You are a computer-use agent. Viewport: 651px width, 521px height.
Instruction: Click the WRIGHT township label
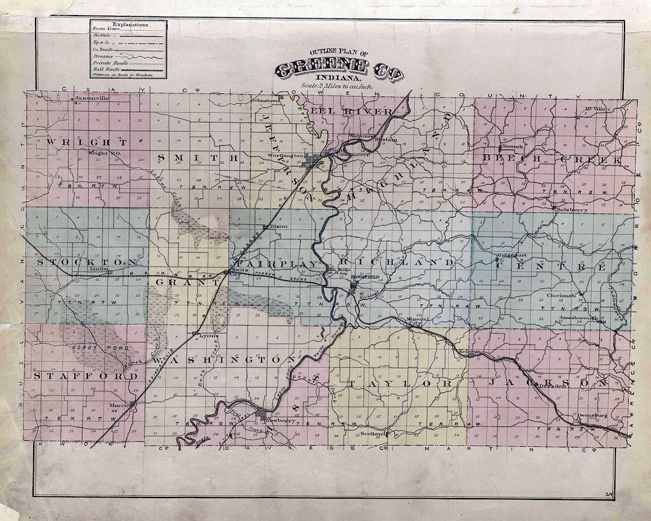[86, 142]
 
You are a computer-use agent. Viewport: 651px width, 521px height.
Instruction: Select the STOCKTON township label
[87, 263]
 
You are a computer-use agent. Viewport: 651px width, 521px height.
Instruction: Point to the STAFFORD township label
[85, 376]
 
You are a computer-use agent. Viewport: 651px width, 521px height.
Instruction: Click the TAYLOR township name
[398, 384]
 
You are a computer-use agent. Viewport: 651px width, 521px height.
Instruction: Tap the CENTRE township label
[560, 266]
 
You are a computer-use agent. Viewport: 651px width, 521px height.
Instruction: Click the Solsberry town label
[588, 210]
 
